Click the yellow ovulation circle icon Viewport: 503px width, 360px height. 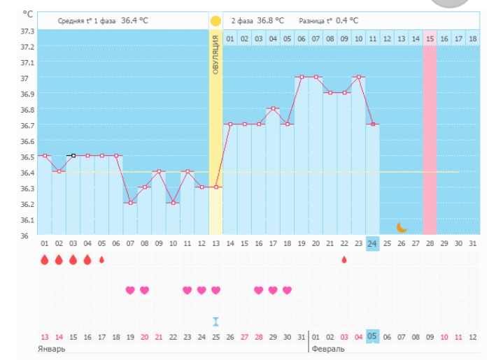(x=215, y=22)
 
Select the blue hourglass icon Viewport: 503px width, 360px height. (x=216, y=321)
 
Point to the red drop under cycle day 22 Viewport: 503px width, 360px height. (x=344, y=259)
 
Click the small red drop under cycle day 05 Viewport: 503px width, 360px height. (x=101, y=259)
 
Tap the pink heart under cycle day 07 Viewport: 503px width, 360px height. (x=130, y=290)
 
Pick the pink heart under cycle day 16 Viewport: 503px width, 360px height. (x=259, y=290)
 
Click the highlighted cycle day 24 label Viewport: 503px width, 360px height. (x=373, y=243)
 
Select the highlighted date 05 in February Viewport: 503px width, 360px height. (x=373, y=336)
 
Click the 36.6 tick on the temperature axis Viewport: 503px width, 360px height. (x=27, y=141)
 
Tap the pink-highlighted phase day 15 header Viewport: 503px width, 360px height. (x=430, y=38)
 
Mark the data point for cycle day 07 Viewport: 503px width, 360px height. (x=130, y=203)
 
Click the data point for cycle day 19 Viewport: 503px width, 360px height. (x=302, y=77)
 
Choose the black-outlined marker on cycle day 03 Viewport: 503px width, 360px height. (x=73, y=156)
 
